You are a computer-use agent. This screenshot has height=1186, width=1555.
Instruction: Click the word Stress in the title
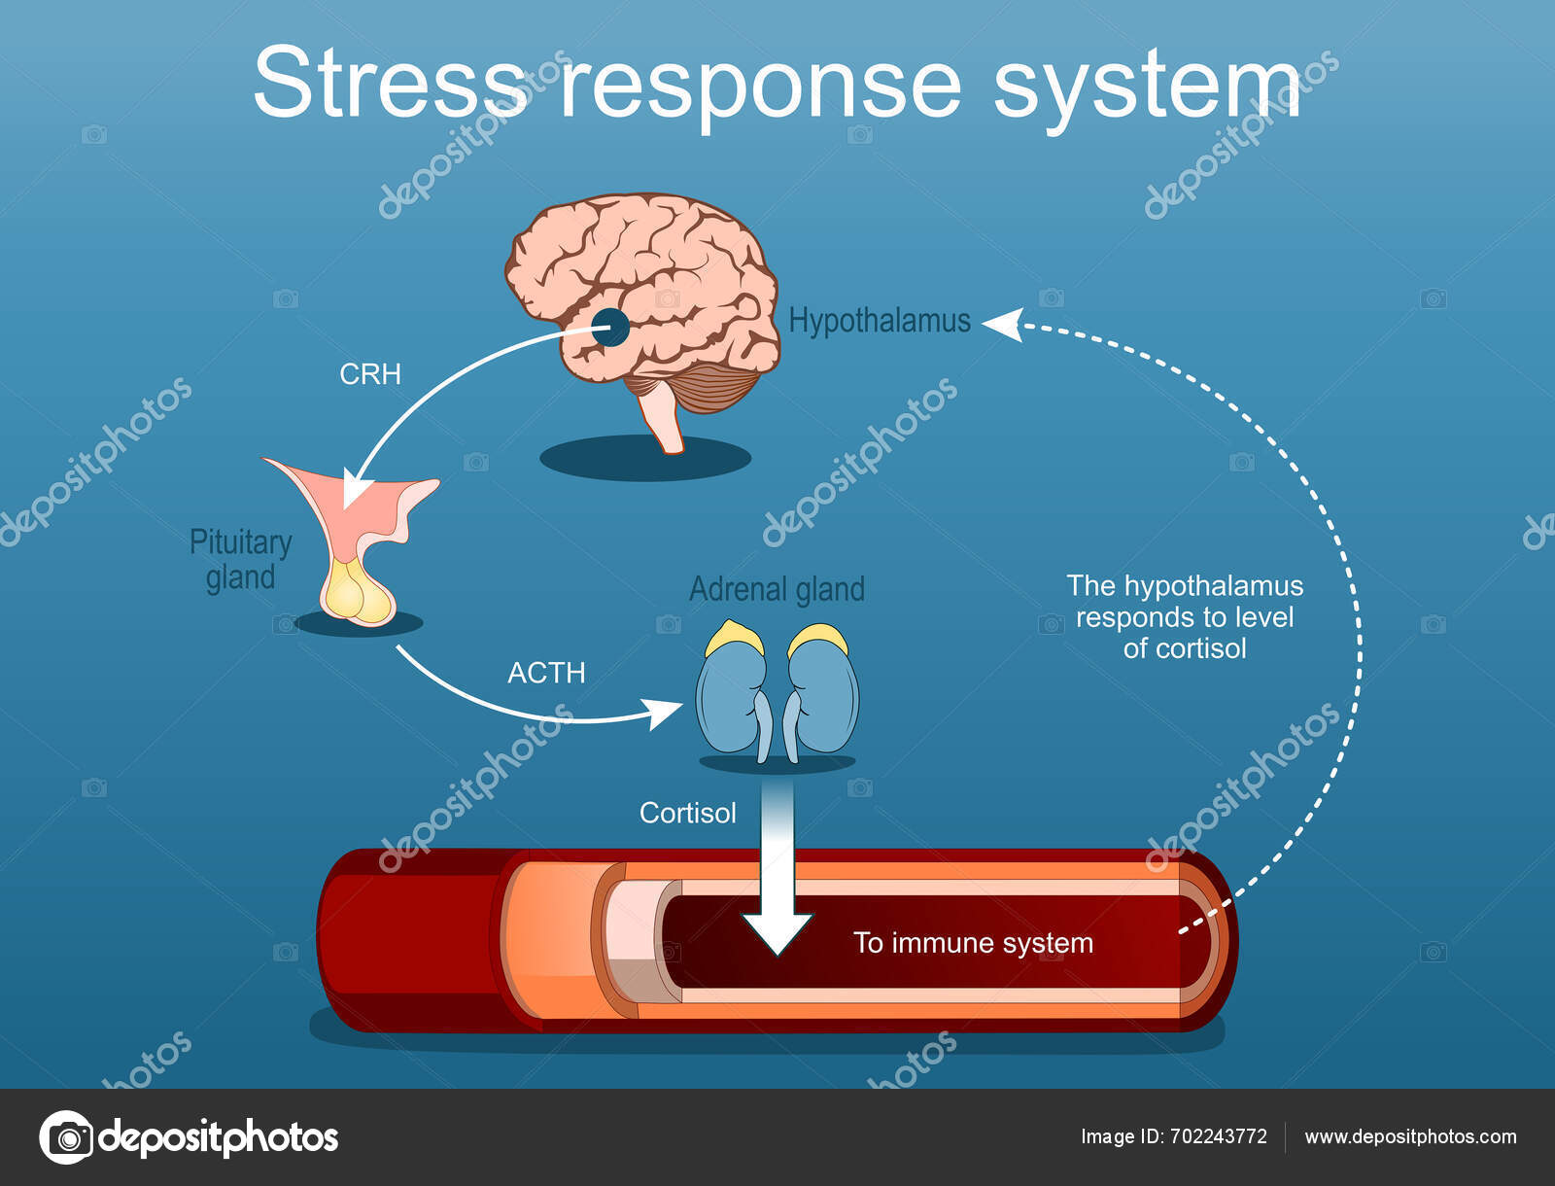[389, 83]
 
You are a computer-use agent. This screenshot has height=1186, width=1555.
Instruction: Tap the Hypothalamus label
[879, 321]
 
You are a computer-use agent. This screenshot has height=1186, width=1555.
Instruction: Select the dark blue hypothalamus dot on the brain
[610, 328]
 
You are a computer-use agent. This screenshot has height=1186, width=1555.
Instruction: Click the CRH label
[369, 374]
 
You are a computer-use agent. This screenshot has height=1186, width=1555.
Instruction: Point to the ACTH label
[546, 673]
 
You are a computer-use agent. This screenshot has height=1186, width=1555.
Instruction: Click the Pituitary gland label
[240, 560]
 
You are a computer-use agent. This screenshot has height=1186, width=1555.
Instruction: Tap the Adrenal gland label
[777, 589]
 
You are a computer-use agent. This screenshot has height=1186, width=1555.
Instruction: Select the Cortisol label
[687, 813]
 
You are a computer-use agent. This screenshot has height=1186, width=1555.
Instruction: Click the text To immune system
[973, 943]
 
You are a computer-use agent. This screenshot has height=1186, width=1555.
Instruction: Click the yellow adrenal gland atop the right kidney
[817, 640]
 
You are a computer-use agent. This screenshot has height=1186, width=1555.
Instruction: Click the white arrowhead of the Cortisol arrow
[777, 933]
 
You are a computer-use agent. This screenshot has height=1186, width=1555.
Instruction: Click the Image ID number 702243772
[1219, 1136]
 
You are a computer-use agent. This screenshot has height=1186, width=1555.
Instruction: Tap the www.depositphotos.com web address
[1410, 1136]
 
